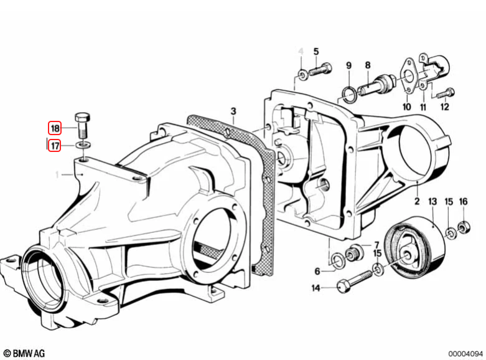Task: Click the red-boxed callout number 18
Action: [55, 128]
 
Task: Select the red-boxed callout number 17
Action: [55, 145]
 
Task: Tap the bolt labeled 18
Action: [83, 126]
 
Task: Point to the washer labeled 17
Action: [83, 144]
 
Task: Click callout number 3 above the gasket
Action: [233, 111]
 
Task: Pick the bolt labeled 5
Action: [320, 70]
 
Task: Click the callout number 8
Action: [368, 65]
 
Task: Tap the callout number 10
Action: [406, 107]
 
